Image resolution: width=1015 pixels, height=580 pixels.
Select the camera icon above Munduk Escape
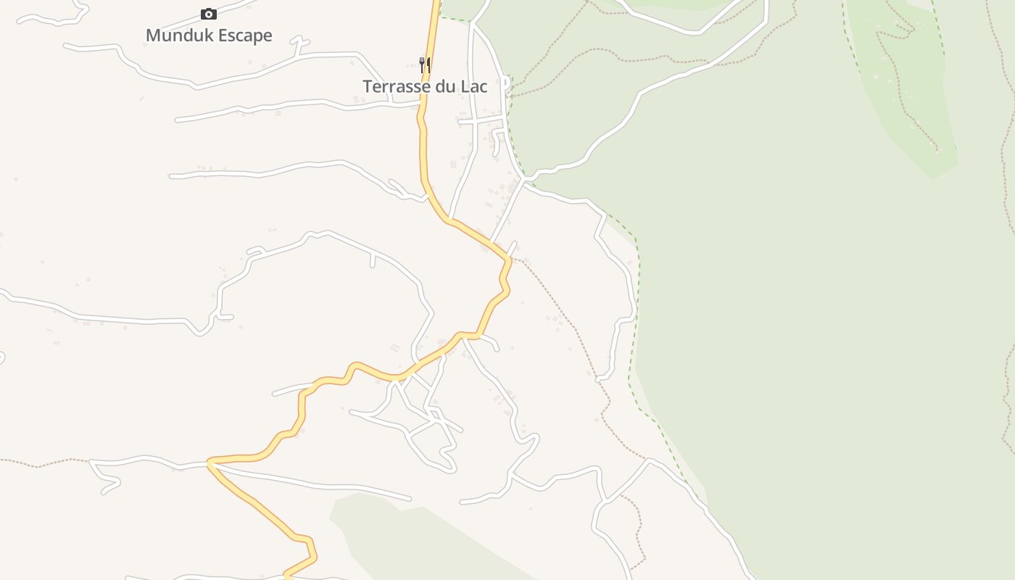[209, 14]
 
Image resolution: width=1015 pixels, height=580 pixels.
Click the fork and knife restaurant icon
[425, 65]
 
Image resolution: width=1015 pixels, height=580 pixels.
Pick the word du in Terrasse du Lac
[447, 86]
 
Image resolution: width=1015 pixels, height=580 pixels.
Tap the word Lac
[474, 86]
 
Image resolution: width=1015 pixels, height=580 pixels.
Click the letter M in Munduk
[152, 36]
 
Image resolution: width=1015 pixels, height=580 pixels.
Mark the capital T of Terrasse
[367, 86]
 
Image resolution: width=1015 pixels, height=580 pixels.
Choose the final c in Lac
[484, 87]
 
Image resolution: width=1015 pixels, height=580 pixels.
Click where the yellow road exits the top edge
[437, 2]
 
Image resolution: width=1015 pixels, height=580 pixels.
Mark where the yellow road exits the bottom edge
[286, 577]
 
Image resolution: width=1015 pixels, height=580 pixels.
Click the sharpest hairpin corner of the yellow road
[210, 462]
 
